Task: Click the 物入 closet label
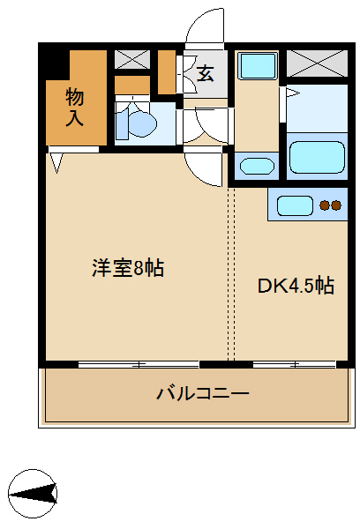[x=74, y=107]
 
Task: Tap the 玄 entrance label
[x=205, y=73]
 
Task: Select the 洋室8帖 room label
[x=128, y=268]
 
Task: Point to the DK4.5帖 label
[x=296, y=286]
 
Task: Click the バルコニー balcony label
[x=203, y=393]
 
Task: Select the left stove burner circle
[x=325, y=207]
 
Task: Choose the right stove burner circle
[x=336, y=207]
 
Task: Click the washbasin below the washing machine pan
[x=257, y=166]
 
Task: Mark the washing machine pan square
[x=257, y=65]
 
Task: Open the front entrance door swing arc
[x=205, y=26]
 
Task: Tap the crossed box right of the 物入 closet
[x=133, y=60]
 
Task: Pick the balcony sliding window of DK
[x=293, y=363]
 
